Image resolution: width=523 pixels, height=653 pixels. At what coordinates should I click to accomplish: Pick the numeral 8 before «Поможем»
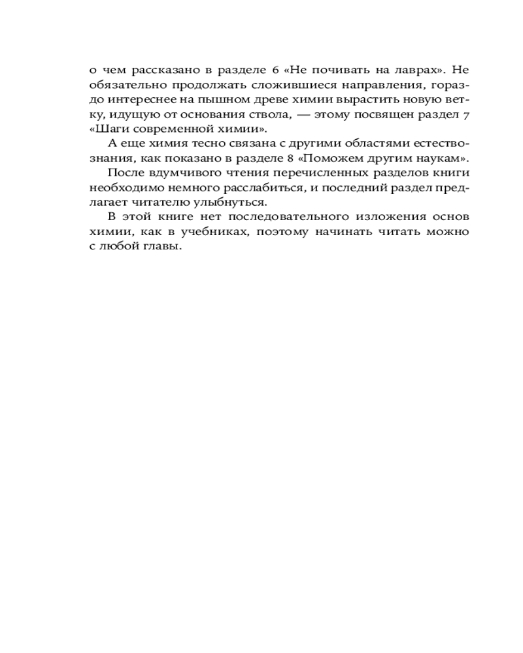tap(302, 159)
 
